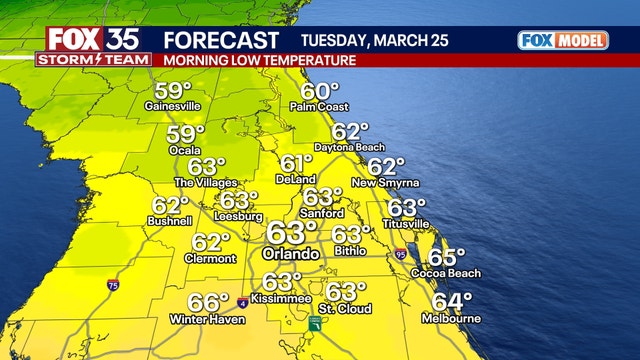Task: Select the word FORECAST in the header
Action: pos(220,40)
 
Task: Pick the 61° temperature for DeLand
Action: pos(296,164)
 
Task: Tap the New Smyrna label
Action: pos(385,183)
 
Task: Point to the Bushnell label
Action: pos(167,220)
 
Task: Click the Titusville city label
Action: pos(408,223)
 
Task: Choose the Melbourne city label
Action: pos(456,318)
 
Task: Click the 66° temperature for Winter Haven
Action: pos(209,302)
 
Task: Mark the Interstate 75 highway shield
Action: pos(111,285)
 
